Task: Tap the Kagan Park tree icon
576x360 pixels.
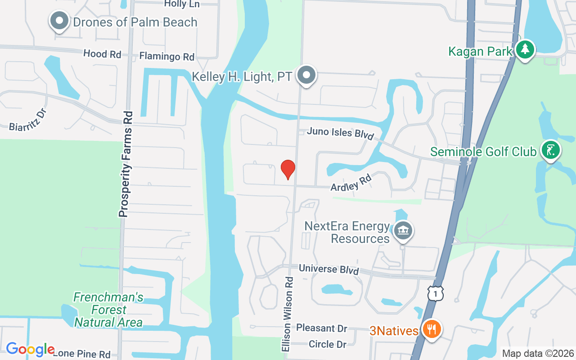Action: tap(525, 49)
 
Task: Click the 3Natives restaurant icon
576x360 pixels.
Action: tap(432, 329)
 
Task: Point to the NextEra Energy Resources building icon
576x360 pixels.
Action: tap(403, 231)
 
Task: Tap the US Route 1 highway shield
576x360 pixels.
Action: tap(436, 293)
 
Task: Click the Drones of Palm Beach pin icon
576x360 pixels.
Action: tap(59, 21)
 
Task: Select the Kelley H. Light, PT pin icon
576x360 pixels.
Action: tap(308, 75)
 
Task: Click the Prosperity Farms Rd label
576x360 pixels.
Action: tap(126, 164)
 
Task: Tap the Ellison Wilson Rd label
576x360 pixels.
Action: tap(288, 314)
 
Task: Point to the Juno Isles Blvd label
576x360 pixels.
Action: tap(340, 133)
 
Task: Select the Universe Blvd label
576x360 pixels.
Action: tap(329, 269)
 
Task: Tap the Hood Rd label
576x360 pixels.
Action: tap(103, 54)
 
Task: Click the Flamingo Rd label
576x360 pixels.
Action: tap(167, 57)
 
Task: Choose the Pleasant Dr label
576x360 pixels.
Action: tap(322, 328)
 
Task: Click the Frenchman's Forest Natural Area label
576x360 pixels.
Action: tap(108, 310)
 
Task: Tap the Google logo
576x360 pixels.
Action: tap(30, 349)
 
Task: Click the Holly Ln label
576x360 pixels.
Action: tap(182, 4)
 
